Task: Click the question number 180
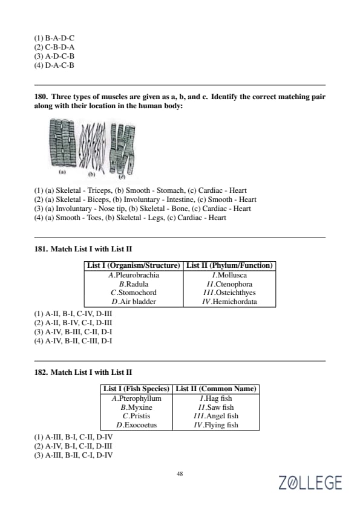click(x=41, y=97)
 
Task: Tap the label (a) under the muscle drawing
click(x=62, y=172)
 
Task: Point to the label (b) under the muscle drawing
click(x=91, y=174)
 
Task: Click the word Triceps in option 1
click(x=100, y=190)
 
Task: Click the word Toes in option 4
click(x=94, y=218)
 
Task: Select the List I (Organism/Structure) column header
click(x=134, y=265)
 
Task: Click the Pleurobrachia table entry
click(x=134, y=275)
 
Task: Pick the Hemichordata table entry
click(x=229, y=302)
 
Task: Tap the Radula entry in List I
click(x=134, y=284)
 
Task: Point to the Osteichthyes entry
click(x=229, y=293)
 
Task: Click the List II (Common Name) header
click(x=216, y=389)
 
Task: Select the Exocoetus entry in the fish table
click(x=137, y=425)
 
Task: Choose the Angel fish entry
click(x=216, y=416)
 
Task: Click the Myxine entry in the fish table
click(x=137, y=407)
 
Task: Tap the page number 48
click(x=180, y=473)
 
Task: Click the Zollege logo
click(x=310, y=482)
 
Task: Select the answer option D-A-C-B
click(x=54, y=65)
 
